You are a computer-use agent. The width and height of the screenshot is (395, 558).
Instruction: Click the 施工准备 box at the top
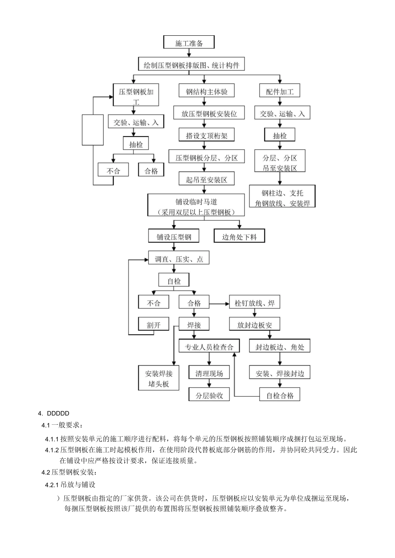[x=189, y=43]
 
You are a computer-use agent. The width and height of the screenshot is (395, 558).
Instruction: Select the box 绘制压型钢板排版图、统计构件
[x=191, y=65]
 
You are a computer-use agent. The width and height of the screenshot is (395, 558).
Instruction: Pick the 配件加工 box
[x=279, y=91]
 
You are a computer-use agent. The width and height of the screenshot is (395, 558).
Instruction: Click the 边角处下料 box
[x=239, y=237]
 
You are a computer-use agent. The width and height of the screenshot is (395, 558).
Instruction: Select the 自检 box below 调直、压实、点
[x=174, y=281]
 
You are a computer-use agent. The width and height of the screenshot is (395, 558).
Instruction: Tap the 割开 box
[x=153, y=325]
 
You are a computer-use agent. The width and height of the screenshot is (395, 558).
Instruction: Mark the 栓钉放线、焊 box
[x=254, y=303]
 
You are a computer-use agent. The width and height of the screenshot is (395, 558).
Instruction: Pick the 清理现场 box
[x=209, y=373]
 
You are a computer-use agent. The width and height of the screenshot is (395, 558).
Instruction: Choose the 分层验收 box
[x=209, y=395]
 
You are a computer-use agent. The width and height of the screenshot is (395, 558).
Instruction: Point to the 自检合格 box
[x=280, y=395]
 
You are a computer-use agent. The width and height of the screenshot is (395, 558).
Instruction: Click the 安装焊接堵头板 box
[x=159, y=378]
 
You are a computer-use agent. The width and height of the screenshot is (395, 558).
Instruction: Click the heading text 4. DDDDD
[x=53, y=413]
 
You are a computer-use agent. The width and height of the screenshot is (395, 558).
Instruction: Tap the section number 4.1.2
[x=52, y=450]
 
